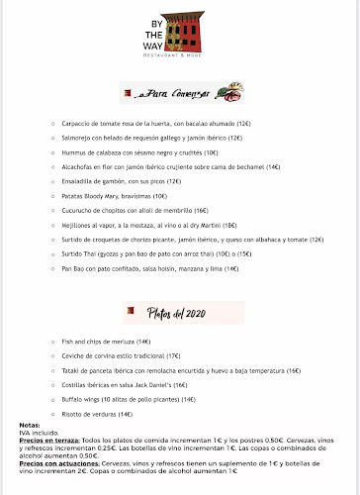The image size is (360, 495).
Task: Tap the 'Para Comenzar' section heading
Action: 182,94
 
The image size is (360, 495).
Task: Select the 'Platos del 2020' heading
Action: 182,314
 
